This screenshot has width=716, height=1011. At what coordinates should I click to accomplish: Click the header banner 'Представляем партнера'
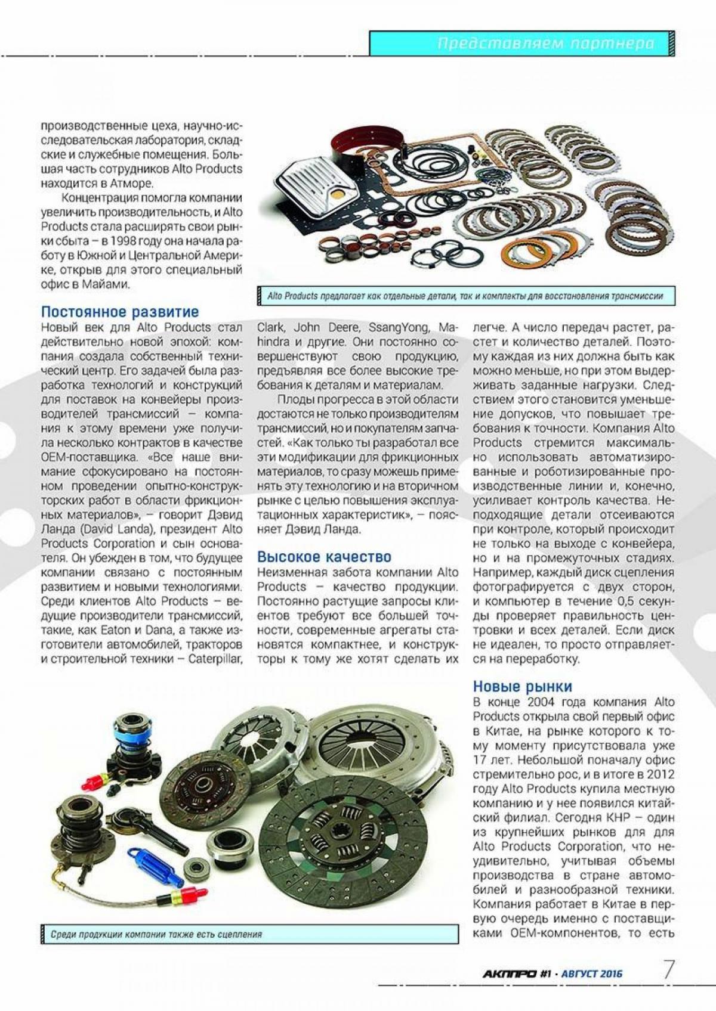[545, 44]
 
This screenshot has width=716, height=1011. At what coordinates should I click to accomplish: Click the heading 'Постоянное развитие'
[120, 312]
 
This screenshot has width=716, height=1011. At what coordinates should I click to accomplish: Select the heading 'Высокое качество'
[324, 557]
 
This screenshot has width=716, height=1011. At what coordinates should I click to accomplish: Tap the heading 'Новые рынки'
[523, 686]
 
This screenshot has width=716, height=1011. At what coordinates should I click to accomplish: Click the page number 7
[669, 970]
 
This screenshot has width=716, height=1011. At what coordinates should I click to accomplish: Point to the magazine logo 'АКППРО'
[509, 974]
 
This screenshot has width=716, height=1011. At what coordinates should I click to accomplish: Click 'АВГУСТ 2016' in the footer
[592, 974]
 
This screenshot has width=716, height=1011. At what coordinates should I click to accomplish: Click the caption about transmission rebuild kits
[465, 296]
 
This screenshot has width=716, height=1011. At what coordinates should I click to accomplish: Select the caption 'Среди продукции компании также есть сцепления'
[156, 934]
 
